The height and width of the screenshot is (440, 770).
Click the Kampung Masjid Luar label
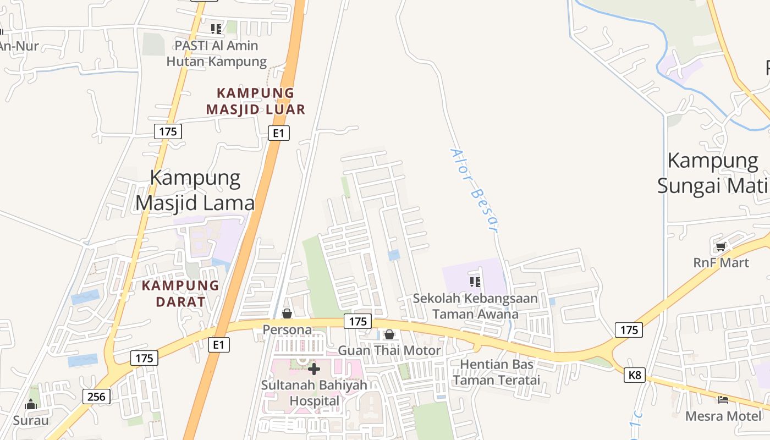coord(255,101)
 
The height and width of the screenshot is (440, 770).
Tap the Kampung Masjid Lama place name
coord(195,190)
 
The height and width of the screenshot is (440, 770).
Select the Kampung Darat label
coord(180,294)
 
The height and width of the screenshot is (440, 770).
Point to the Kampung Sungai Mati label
coord(713,173)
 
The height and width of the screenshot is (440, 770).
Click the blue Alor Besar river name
coord(474,190)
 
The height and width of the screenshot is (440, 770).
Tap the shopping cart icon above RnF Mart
coord(721,247)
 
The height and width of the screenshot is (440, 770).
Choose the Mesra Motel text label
coord(724,416)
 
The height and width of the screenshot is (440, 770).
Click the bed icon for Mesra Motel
coord(723,400)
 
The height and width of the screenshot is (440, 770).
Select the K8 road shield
coord(635,375)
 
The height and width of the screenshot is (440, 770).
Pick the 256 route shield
coord(97,396)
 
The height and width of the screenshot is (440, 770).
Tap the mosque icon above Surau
coord(31,405)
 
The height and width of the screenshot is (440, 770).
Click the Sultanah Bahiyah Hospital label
coord(314,393)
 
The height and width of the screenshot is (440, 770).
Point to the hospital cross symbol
coord(314,369)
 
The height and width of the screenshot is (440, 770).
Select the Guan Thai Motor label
coord(389,350)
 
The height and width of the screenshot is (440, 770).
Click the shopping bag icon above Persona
coord(287,313)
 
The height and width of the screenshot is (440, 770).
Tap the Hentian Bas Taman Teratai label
coord(497,372)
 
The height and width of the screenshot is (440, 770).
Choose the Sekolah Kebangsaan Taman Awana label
coord(475,306)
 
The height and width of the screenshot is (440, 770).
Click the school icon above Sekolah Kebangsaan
coord(475,282)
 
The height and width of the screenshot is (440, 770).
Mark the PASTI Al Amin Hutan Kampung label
coord(216,53)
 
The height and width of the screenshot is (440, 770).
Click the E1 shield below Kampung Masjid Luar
coord(279,133)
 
